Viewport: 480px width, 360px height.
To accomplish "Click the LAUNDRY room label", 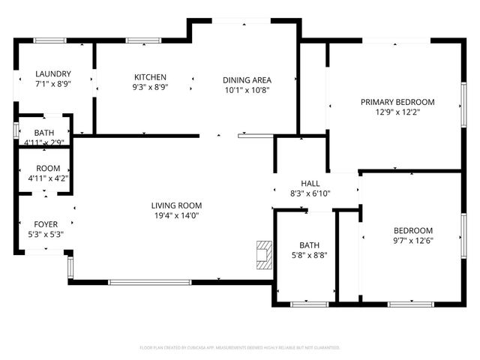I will coord(53,73).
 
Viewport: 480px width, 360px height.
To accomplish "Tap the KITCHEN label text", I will coord(150,77).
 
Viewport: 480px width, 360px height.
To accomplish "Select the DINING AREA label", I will coord(247,80).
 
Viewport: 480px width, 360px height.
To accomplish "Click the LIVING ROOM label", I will coord(176,205).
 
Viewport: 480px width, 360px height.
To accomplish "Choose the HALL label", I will coord(310,184).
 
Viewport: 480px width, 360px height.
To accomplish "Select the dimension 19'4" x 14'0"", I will coord(176,215).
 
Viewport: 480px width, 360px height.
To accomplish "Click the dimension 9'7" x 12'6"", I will coord(413,240).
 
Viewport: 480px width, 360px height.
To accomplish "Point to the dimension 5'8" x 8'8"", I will coord(309,255).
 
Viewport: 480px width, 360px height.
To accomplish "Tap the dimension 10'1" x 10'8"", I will coord(247,90).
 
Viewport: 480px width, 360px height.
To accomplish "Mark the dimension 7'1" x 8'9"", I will coord(53,84).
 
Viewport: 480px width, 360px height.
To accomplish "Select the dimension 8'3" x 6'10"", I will coord(310,193).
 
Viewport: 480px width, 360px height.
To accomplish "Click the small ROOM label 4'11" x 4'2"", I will coord(44,178).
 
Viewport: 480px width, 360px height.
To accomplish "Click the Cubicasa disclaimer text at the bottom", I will coord(240,348).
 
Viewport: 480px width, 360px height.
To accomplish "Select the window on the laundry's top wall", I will coord(49,40).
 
